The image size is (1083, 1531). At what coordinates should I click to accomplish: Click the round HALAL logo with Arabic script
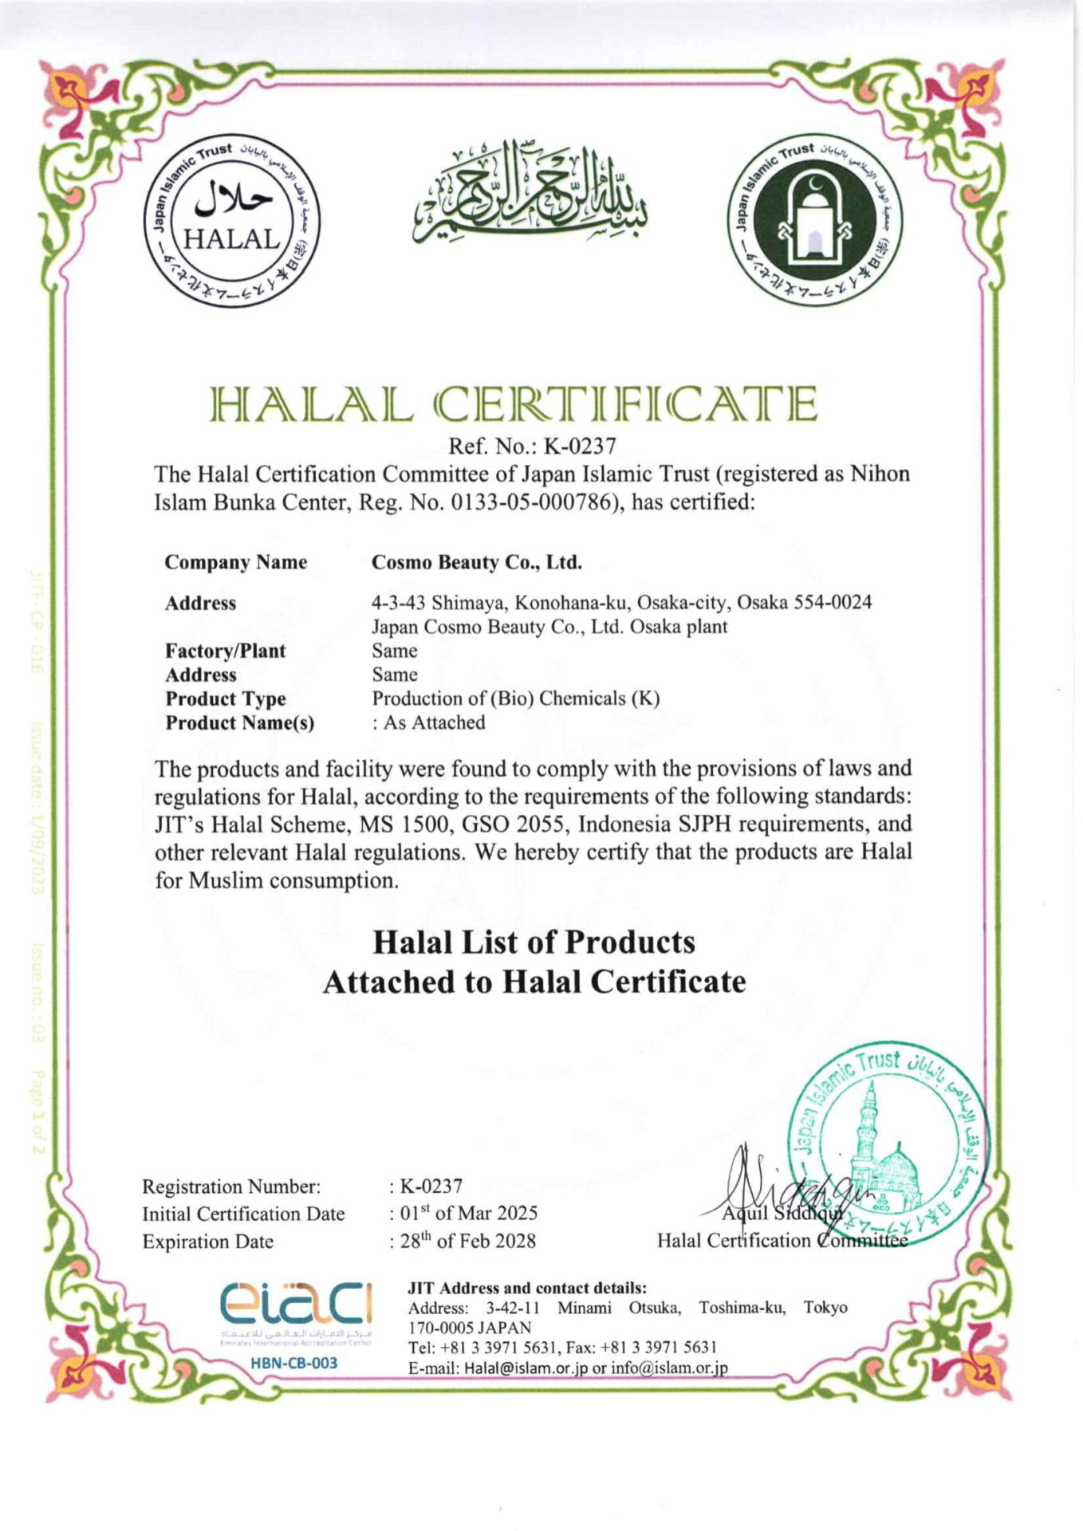pos(232,221)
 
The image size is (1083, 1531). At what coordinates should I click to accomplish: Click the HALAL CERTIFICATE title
pos(514,404)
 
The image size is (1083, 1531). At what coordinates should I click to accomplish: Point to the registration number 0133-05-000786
pos(520,503)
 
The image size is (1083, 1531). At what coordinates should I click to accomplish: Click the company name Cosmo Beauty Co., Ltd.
pos(476,562)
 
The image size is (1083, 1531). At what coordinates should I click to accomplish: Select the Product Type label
pos(225,699)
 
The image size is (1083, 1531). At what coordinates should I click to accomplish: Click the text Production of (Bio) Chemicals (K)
pos(515,699)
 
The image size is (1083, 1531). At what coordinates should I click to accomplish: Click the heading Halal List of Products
pos(534,943)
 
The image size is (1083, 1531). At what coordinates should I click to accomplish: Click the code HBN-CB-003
pos(294,1363)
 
